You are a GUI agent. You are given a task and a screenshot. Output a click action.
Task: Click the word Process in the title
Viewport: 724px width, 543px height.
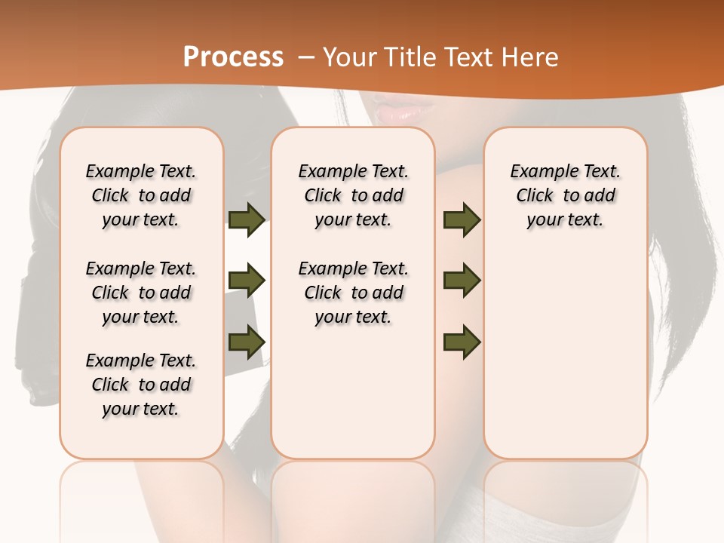point(233,57)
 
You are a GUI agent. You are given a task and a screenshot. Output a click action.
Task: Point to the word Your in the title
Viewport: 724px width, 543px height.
point(351,57)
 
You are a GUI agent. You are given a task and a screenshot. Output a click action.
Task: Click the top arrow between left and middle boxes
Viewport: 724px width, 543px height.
point(247,219)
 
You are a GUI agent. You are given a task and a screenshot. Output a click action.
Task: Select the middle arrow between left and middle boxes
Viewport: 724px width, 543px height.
point(247,281)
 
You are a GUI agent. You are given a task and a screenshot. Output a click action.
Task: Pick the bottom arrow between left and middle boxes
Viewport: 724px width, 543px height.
point(247,342)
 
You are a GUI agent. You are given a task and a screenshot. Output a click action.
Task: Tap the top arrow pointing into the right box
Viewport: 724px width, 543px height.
point(462,219)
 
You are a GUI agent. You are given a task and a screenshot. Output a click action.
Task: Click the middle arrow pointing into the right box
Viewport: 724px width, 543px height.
point(462,281)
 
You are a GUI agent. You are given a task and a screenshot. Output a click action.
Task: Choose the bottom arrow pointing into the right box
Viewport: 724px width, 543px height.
point(462,342)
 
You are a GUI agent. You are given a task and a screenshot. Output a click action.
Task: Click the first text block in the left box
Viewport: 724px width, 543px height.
point(141,195)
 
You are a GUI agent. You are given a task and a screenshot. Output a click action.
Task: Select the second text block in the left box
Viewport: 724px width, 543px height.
point(141,293)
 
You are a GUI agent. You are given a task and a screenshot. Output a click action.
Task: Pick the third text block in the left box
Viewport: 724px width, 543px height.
point(141,385)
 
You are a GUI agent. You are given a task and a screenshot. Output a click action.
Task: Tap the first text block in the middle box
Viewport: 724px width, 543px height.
point(353,195)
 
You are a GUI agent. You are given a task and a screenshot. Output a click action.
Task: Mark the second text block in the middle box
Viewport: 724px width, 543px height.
point(353,293)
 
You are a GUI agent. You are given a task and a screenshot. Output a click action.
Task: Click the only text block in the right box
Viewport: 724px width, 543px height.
point(566,195)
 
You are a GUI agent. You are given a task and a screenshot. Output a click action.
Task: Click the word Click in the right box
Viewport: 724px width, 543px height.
point(535,196)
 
